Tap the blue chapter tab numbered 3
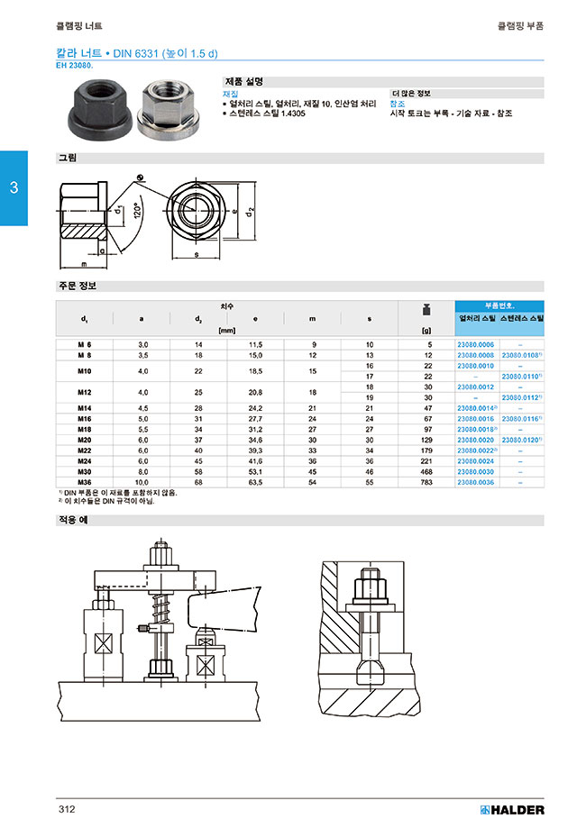coord(14,188)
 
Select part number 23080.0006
coord(476,345)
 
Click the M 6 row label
coord(85,345)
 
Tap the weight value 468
coord(426,472)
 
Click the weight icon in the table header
coord(426,312)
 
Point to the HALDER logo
coord(513,809)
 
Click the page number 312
coord(66,808)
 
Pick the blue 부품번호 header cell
coord(499,305)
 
